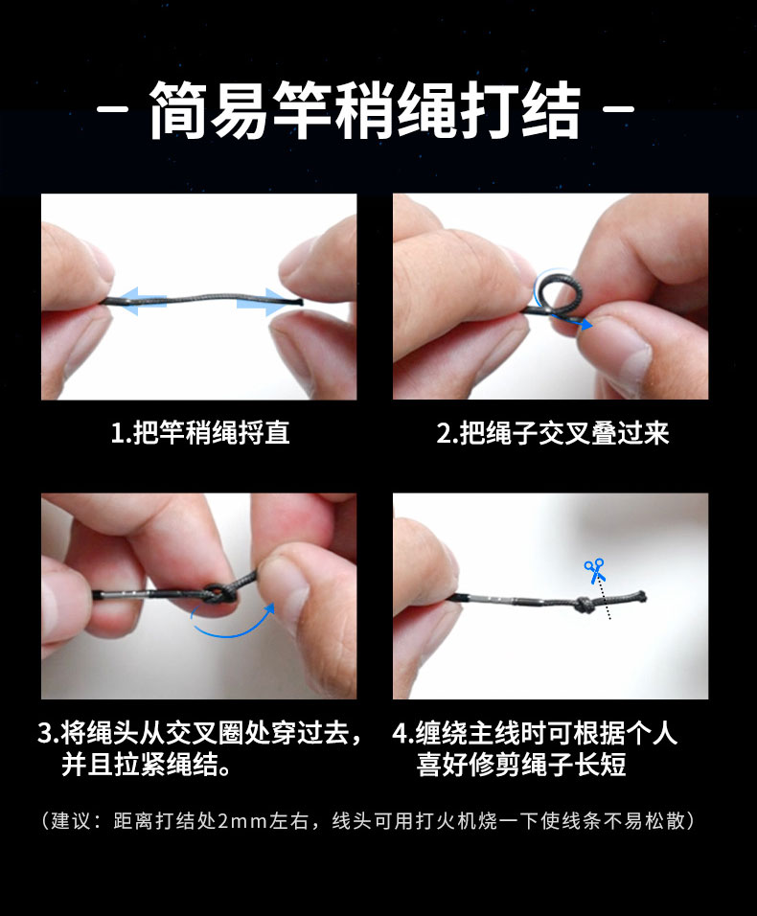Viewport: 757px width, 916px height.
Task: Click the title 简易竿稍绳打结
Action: pyautogui.click(x=365, y=110)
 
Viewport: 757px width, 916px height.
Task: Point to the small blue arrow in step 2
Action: pyautogui.click(x=578, y=321)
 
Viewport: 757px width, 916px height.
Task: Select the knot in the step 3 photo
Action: pyautogui.click(x=219, y=595)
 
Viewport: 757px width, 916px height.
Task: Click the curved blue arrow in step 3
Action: pyautogui.click(x=234, y=625)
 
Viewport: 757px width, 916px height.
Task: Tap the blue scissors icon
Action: pyautogui.click(x=595, y=571)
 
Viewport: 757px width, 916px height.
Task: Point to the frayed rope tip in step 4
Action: pyautogui.click(x=641, y=596)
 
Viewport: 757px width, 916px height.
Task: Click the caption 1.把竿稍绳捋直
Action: pyautogui.click(x=200, y=433)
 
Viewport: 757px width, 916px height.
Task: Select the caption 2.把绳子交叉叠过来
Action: pyautogui.click(x=553, y=433)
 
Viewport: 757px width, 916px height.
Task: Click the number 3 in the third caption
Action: pyautogui.click(x=45, y=733)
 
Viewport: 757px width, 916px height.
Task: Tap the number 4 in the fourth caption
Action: pyautogui.click(x=400, y=733)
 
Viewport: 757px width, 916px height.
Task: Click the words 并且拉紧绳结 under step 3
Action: pyautogui.click(x=140, y=765)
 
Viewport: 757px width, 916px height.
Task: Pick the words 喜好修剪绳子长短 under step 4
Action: pyautogui.click(x=521, y=765)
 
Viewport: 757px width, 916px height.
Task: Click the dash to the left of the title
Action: pyautogui.click(x=112, y=108)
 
